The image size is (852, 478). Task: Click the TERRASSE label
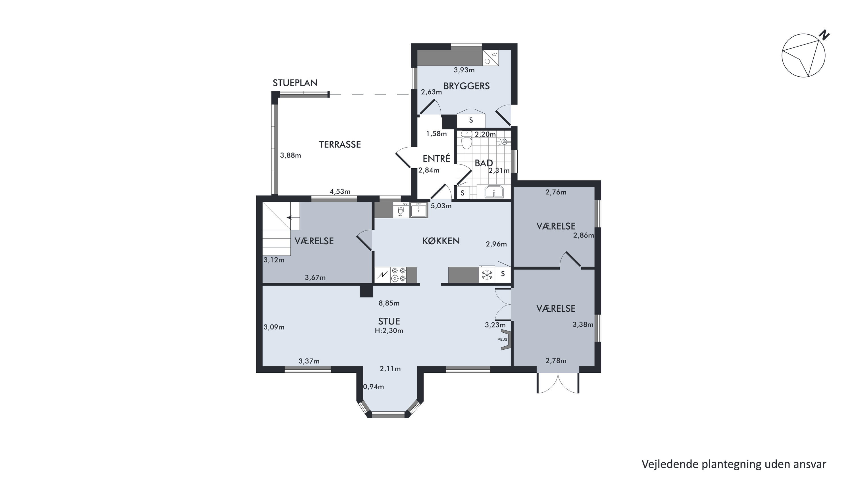340,144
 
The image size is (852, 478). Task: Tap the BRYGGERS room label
466,86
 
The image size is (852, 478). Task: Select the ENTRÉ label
436,159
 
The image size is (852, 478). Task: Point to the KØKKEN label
441,241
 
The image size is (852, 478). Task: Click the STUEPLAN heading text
295,83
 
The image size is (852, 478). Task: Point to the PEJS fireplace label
502,339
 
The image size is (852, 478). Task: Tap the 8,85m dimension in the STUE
389,303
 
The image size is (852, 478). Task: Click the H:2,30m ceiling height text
389,331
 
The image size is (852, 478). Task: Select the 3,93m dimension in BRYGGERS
464,70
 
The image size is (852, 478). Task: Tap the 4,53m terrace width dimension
340,192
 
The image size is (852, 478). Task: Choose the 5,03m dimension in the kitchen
441,206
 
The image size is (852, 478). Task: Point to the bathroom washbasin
494,192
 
